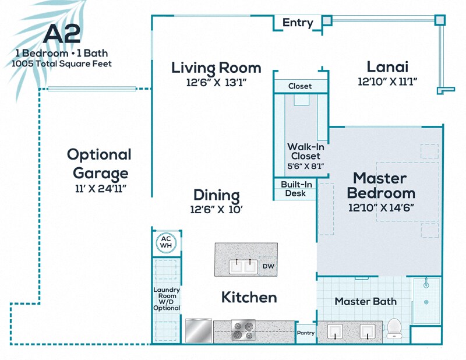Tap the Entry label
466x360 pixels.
point(298,23)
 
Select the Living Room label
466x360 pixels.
point(216,68)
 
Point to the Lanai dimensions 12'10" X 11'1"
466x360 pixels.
point(387,82)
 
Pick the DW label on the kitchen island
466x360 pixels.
point(268,267)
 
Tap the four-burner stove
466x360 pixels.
point(243,330)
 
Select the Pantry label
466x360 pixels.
point(306,333)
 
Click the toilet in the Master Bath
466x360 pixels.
point(395,329)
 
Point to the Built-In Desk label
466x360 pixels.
point(295,189)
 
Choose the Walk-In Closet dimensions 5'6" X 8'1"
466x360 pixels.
point(305,166)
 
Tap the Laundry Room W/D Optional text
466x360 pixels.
point(166,299)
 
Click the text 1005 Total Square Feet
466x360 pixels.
point(61,63)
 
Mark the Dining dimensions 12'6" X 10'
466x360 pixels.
point(216,209)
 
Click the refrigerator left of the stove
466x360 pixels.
point(199,331)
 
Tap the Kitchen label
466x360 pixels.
point(249,297)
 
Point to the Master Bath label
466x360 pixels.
point(365,301)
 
